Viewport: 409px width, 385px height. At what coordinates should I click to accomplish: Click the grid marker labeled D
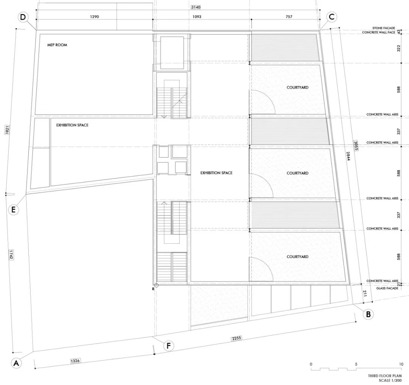[x=23, y=17]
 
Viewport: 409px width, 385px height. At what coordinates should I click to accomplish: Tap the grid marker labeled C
[x=332, y=17]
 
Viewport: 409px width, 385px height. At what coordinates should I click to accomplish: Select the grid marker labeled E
[x=14, y=210]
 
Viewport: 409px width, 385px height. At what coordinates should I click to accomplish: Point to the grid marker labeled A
[x=16, y=363]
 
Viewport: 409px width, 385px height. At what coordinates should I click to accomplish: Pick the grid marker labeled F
[x=169, y=346]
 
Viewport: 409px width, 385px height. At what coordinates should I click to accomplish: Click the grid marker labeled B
[x=368, y=314]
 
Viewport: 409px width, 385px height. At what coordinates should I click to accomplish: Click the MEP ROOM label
[x=57, y=45]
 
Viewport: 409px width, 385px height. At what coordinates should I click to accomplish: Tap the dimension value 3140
[x=196, y=7]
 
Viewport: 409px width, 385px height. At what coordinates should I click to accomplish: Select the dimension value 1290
[x=94, y=17]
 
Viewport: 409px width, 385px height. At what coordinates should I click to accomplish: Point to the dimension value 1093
[x=197, y=17]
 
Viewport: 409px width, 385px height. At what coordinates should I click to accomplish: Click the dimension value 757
[x=289, y=17]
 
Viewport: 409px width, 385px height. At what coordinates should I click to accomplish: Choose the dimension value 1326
[x=75, y=361]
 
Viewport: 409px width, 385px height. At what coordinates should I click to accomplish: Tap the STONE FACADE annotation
[x=384, y=28]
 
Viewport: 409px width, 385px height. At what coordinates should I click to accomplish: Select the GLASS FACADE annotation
[x=387, y=288]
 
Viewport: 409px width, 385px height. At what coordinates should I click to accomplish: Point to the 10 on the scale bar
[x=401, y=364]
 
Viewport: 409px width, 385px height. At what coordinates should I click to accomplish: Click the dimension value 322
[x=398, y=49]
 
